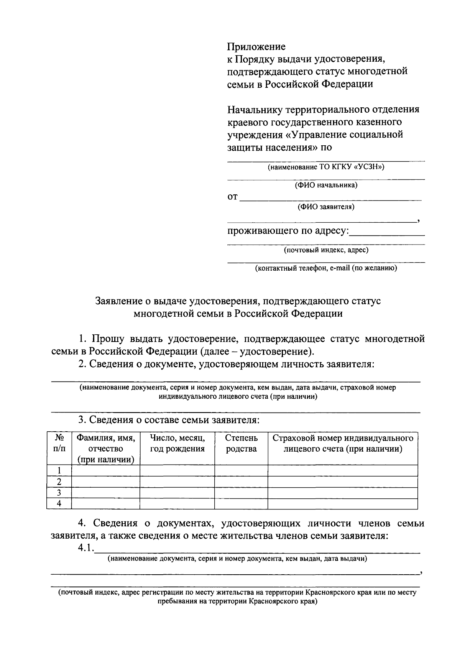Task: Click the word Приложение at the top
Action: pyautogui.click(x=256, y=47)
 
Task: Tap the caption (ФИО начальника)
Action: pyautogui.click(x=326, y=185)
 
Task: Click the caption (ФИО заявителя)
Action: pyautogui.click(x=326, y=207)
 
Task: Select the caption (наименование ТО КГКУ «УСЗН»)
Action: pyautogui.click(x=326, y=167)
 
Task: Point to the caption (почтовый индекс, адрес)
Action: pyautogui.click(x=326, y=250)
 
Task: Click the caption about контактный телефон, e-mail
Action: pyautogui.click(x=326, y=268)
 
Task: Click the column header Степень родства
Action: pyautogui.click(x=241, y=443)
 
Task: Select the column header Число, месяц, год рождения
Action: pyautogui.click(x=177, y=443)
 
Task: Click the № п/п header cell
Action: pyautogui.click(x=59, y=443)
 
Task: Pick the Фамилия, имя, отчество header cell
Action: pyautogui.click(x=106, y=449)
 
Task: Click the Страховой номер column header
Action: pyautogui.click(x=343, y=443)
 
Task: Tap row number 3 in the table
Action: pyautogui.click(x=59, y=493)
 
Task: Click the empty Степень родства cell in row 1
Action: pyautogui.click(x=241, y=470)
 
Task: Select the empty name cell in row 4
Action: pyautogui.click(x=106, y=504)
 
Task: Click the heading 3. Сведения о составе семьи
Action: pyautogui.click(x=169, y=420)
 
